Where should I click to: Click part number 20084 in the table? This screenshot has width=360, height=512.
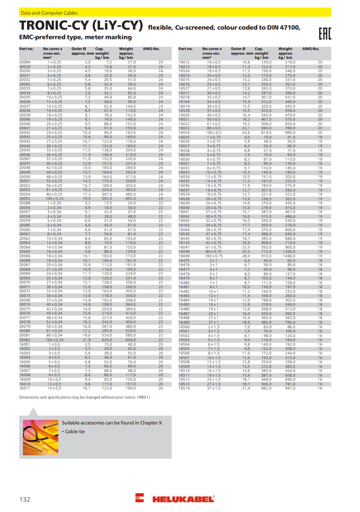click(x=25, y=62)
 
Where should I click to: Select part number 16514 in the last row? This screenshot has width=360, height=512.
click(x=184, y=388)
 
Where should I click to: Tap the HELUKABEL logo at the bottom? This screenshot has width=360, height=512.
click(x=175, y=498)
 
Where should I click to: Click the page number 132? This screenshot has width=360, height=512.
click(x=25, y=499)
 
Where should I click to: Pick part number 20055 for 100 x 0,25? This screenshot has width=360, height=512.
click(x=25, y=198)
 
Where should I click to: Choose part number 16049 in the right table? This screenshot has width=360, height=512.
click(x=184, y=256)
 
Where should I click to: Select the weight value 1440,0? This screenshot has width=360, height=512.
click(x=289, y=256)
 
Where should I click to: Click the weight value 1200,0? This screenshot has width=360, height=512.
click(x=289, y=252)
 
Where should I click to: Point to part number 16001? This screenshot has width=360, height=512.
click(x=25, y=344)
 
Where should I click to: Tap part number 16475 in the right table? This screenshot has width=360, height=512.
click(x=184, y=260)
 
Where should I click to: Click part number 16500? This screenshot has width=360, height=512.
click(x=184, y=327)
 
